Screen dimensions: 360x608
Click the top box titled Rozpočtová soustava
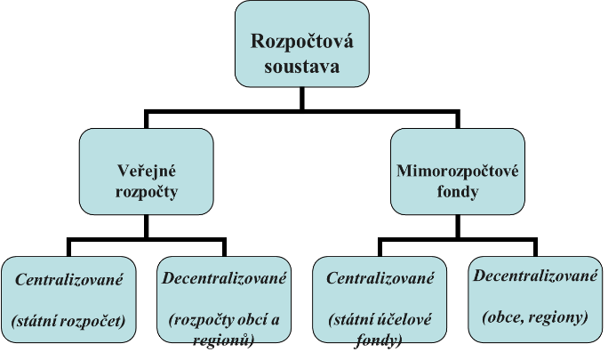click(x=301, y=44)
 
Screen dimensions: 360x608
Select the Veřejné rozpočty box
click(x=146, y=171)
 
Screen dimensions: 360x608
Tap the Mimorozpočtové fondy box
click(x=458, y=171)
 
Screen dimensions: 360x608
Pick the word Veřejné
click(x=147, y=170)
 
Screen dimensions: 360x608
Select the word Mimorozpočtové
click(x=458, y=170)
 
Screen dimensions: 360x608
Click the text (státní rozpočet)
click(x=68, y=316)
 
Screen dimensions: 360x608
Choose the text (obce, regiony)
click(x=535, y=316)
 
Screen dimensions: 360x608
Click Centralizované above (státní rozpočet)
click(x=68, y=279)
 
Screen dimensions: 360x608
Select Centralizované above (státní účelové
click(x=380, y=279)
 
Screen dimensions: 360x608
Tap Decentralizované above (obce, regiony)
click(x=535, y=276)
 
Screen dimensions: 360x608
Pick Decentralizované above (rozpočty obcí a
click(x=224, y=278)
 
